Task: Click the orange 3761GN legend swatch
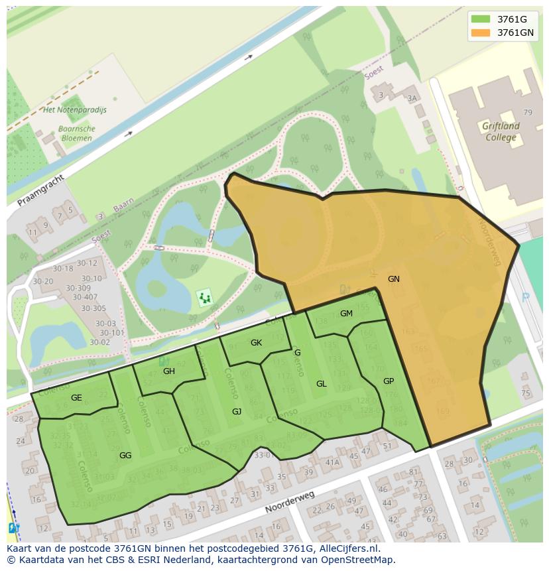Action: (481, 32)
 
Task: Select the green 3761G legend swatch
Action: (481, 19)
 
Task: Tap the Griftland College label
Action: (501, 131)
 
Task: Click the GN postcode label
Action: (394, 279)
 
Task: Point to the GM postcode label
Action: (346, 314)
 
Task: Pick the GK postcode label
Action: (257, 343)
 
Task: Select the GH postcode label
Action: (169, 371)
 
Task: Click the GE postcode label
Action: (76, 398)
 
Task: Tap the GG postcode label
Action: (125, 456)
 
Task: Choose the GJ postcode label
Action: (237, 412)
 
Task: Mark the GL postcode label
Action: (322, 384)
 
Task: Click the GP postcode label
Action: (389, 381)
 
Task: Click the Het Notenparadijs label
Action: (74, 110)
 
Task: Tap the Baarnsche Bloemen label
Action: (77, 133)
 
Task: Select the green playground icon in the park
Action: (205, 298)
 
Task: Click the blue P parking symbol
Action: (526, 298)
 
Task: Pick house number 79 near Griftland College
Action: (528, 113)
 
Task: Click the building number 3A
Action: (412, 98)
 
